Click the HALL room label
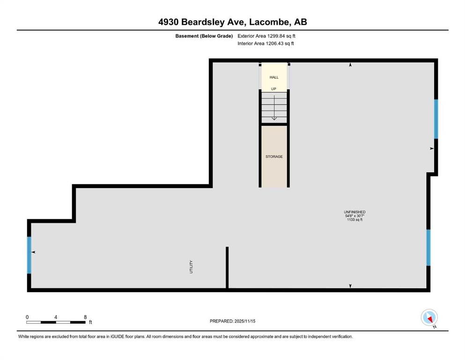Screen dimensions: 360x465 click(274, 77)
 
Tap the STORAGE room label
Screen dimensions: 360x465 click(274, 157)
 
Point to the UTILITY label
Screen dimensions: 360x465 click(191, 267)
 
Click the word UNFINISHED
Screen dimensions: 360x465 click(354, 212)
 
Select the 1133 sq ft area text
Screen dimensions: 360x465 click(354, 220)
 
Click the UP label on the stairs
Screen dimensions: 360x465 click(274, 89)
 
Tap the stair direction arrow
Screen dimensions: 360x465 click(274, 108)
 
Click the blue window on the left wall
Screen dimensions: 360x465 click(29, 255)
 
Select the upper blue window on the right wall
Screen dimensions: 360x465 click(436, 119)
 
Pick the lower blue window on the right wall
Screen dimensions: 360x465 click(428, 247)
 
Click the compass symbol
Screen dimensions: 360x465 click(429, 318)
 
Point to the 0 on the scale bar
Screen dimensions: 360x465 click(27, 317)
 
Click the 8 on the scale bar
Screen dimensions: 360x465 click(85, 317)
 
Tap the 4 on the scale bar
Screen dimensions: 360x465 click(56, 317)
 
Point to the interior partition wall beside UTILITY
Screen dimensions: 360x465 click(227, 267)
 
